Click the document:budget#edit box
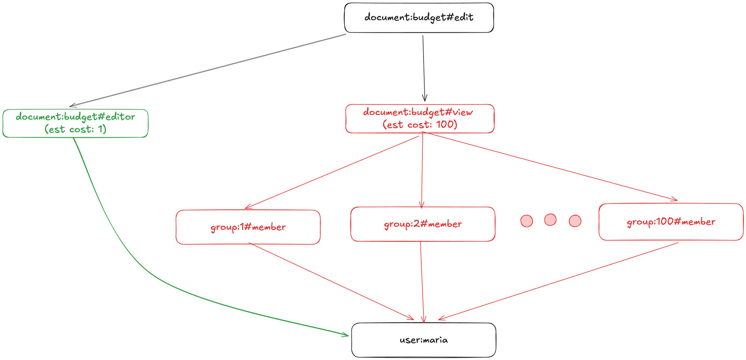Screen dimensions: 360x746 tap(419, 18)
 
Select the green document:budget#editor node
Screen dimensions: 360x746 tap(75, 123)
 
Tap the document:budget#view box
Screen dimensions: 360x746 tap(420, 118)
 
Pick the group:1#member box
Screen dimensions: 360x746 tap(248, 227)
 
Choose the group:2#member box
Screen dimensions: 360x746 tap(423, 224)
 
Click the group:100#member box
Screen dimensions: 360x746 tap(671, 222)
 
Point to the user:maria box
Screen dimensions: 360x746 tap(424, 340)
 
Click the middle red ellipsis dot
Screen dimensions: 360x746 tap(550, 220)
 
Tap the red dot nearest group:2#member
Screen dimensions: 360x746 tap(526, 221)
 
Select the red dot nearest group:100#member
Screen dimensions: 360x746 tap(575, 221)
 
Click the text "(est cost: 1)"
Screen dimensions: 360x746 tap(75, 129)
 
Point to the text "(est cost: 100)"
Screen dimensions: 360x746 tap(420, 125)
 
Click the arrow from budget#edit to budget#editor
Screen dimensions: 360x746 tap(208, 70)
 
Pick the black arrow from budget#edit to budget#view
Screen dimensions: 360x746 tap(424, 68)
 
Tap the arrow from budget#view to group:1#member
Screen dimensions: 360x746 tap(332, 172)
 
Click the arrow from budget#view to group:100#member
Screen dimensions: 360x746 tap(550, 166)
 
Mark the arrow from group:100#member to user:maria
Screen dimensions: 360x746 tap(558, 281)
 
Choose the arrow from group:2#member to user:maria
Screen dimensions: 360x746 tap(422, 282)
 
